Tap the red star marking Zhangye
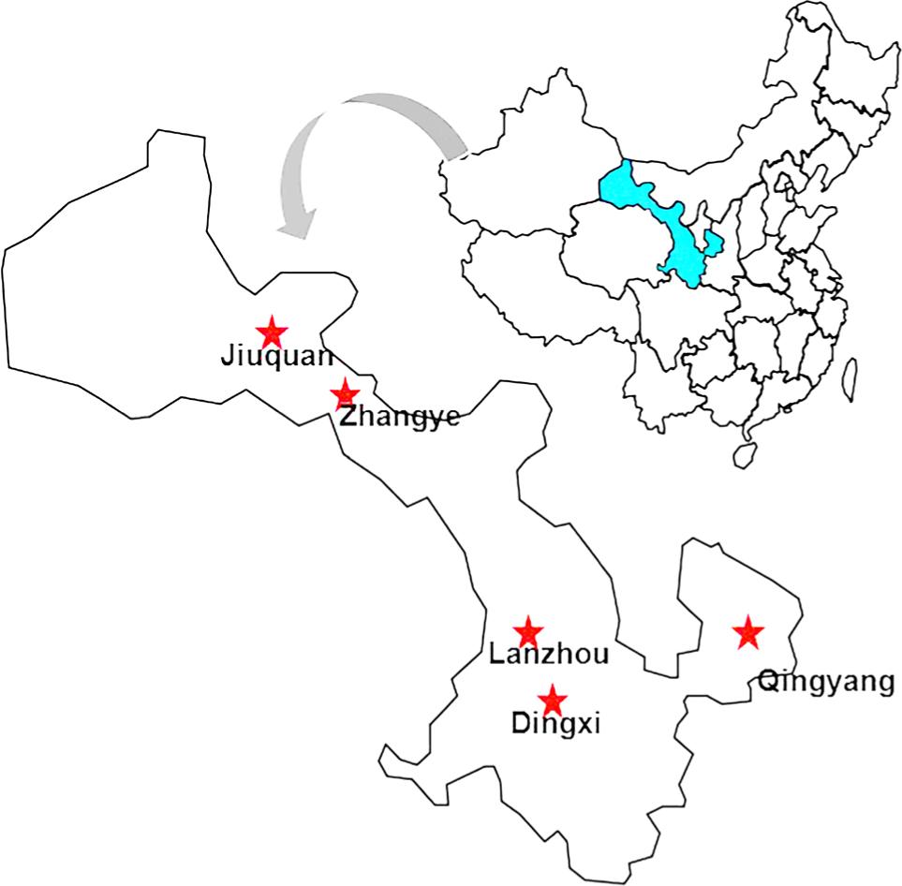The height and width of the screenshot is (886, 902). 345,394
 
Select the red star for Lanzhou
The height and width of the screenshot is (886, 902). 528,630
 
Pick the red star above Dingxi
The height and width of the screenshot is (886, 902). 553,699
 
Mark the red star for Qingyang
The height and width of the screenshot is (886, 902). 747,633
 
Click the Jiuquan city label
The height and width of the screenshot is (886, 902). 276,357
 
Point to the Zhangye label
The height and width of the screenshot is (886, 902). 399,417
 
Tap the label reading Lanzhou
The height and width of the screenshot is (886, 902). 549,655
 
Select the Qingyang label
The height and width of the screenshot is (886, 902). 825,683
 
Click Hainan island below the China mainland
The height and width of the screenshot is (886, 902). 745,454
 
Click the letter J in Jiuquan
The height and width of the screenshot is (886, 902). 226,357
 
